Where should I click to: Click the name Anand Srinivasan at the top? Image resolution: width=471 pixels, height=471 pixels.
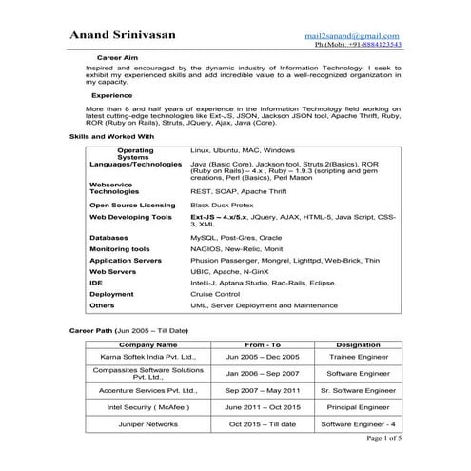pyautogui.click(x=135, y=34)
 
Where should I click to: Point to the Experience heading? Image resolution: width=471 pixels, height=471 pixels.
pyautogui.click(x=111, y=96)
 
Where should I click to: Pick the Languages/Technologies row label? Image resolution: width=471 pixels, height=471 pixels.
pyautogui.click(x=135, y=164)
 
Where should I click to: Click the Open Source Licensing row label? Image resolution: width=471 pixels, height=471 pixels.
pyautogui.click(x=132, y=205)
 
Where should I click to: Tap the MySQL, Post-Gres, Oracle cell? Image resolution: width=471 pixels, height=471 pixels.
pyautogui.click(x=233, y=237)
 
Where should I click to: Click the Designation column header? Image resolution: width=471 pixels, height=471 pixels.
pyautogui.click(x=359, y=343)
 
